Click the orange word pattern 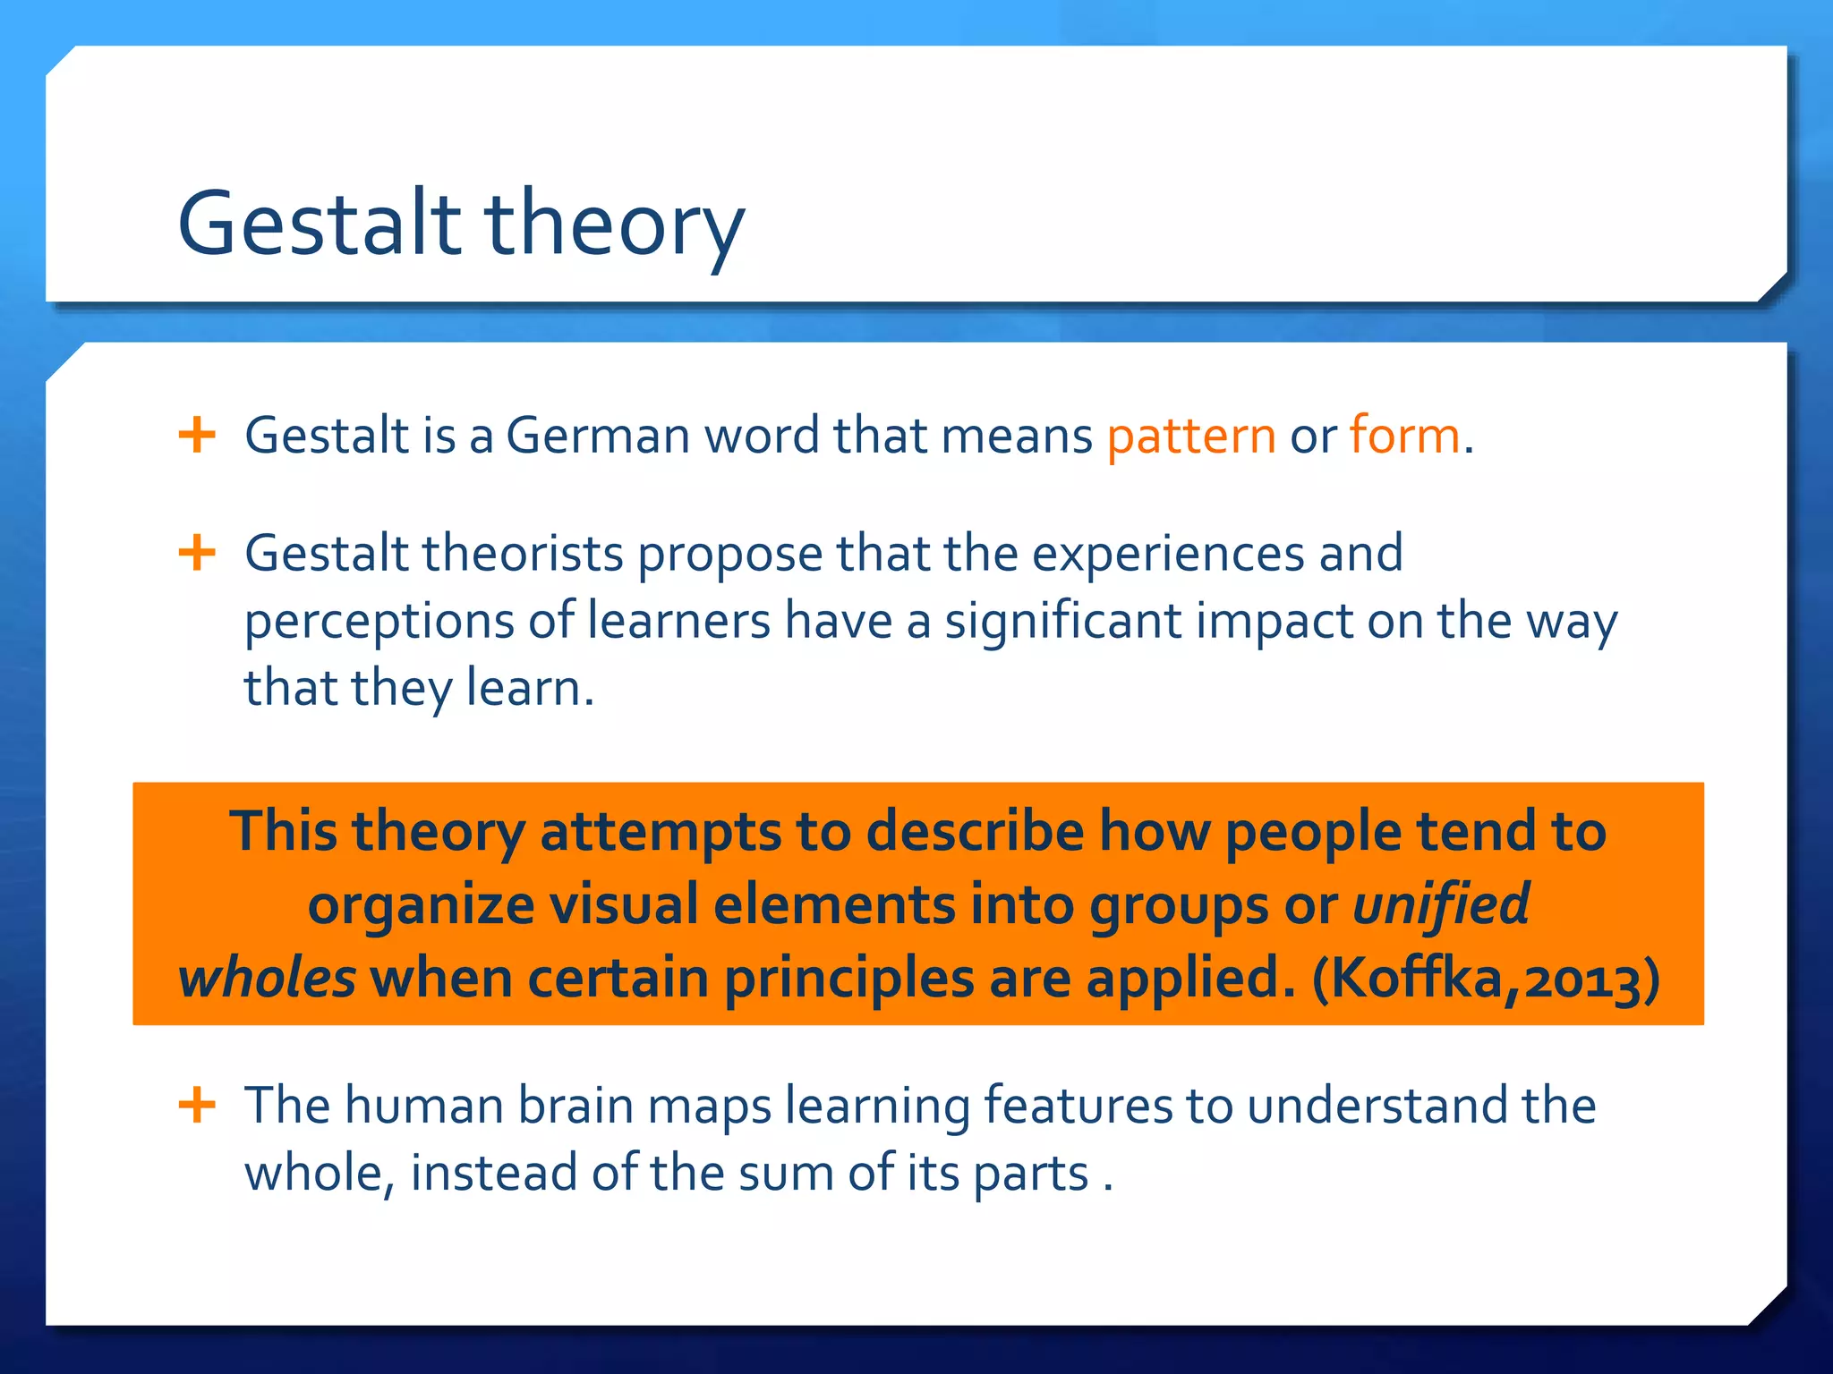coord(1191,437)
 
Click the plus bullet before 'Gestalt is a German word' coord(197,436)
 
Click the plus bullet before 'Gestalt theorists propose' coord(197,553)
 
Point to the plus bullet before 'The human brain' coord(197,1105)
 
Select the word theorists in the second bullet coord(523,553)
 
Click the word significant coord(1062,622)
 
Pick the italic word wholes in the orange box coord(267,978)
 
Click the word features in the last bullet coord(1078,1106)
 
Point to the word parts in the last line coord(1030,1174)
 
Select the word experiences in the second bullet coord(1167,555)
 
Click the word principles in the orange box coord(848,980)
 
